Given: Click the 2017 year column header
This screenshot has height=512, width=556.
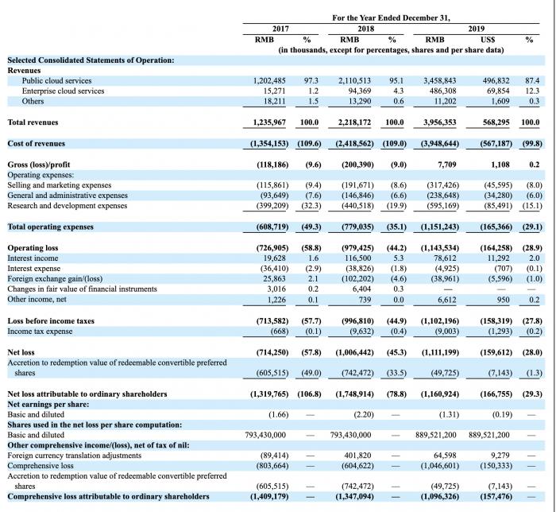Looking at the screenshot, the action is tap(280, 29).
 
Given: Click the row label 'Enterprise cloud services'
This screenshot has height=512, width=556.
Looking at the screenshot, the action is tap(63, 91).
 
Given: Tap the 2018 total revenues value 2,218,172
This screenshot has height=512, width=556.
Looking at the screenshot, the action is tap(354, 122).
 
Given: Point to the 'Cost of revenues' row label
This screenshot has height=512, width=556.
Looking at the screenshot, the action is tap(37, 144).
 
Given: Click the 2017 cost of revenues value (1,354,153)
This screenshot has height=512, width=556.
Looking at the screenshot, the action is tap(269, 144).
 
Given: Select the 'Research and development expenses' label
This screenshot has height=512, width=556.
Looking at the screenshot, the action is tap(68, 206).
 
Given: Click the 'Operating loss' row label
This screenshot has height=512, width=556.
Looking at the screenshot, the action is tap(33, 248).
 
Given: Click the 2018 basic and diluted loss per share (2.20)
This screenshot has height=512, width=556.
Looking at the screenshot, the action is tap(364, 415).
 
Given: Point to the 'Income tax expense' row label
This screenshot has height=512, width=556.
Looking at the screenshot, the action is tap(40, 332).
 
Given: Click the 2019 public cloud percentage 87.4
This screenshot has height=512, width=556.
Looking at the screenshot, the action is tap(532, 81).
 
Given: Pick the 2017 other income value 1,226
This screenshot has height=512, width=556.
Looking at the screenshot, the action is tap(276, 300).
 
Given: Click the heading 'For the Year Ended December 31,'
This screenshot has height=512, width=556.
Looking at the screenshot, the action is tap(391, 18).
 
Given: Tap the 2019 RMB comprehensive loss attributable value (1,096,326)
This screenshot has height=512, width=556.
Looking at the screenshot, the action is tap(440, 497).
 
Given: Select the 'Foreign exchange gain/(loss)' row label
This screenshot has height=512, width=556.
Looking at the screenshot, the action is tap(55, 279).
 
